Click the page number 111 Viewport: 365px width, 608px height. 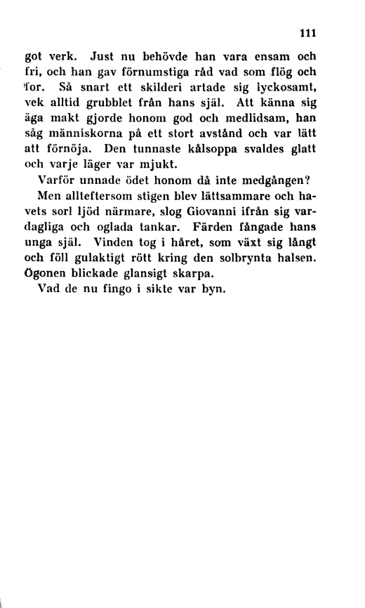coord(308,32)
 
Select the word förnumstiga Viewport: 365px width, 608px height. coord(166,72)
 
